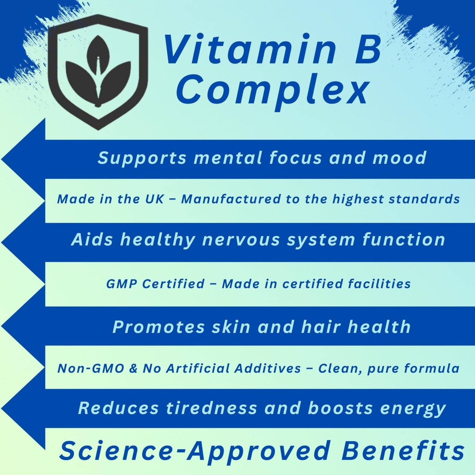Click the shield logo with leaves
(97, 72)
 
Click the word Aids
(92, 240)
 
